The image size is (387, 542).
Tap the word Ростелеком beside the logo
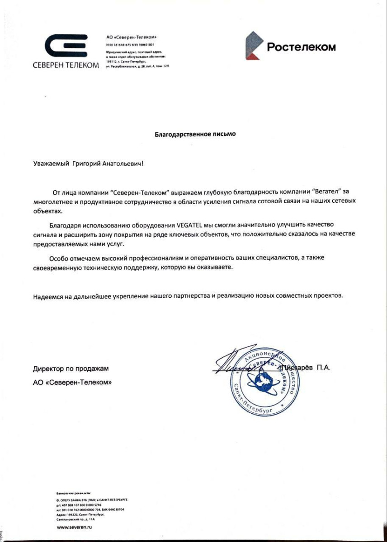coord(301,47)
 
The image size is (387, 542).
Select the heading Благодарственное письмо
coord(195,134)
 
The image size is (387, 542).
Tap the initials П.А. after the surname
coord(323,368)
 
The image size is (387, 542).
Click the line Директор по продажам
coord(71,369)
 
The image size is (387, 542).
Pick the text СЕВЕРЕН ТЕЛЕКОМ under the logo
coord(66,65)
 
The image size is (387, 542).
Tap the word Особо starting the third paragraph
coord(59,258)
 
